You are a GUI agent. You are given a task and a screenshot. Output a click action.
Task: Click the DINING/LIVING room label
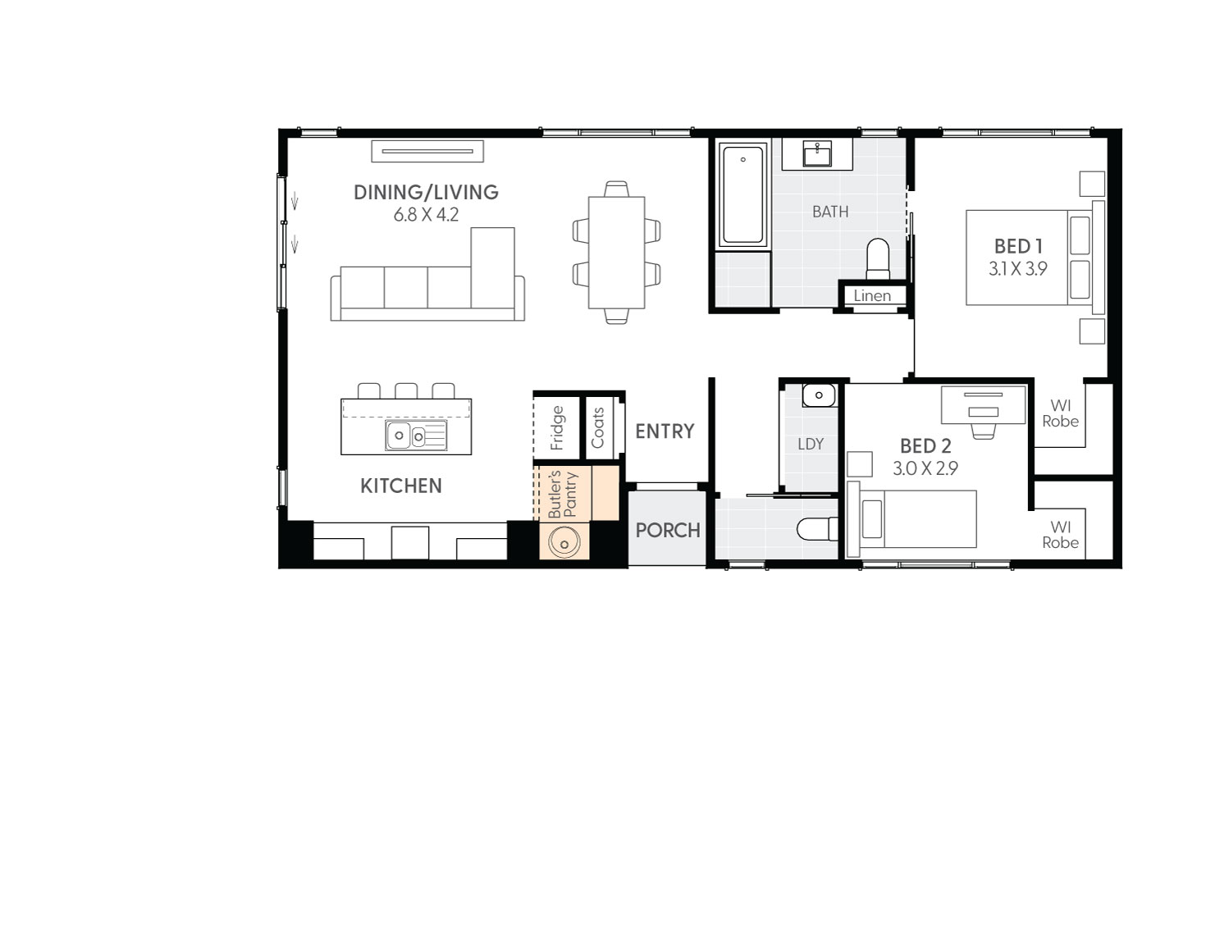[x=426, y=192]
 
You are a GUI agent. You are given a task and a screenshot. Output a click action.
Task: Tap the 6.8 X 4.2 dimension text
[x=426, y=215]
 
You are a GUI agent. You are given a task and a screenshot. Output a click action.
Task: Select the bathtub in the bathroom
[x=743, y=194]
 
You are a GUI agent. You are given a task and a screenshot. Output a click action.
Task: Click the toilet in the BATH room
[x=878, y=258]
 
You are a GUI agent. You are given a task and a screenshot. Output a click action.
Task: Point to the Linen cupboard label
[x=871, y=296]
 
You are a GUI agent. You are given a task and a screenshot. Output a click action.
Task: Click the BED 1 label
[x=1017, y=246]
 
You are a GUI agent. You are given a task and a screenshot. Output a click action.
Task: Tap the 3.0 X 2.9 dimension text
[x=925, y=468]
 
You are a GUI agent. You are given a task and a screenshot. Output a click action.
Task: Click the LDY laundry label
[x=810, y=444]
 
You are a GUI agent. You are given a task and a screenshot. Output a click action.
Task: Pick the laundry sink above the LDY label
[x=817, y=396]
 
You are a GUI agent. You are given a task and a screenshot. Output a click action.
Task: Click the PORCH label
[x=668, y=530]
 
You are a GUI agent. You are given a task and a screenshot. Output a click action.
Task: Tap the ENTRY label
[x=665, y=431]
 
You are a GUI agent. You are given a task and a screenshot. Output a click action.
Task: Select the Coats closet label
[x=597, y=427]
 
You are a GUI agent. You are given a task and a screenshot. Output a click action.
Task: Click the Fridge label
[x=557, y=427]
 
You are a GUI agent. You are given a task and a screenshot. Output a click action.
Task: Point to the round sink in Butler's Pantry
[x=564, y=541]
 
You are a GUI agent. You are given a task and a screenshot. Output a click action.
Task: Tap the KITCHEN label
[x=401, y=486]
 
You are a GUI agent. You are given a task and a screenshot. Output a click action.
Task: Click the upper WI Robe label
[x=1060, y=413]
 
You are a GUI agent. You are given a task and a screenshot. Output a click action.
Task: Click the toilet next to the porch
[x=816, y=529]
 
